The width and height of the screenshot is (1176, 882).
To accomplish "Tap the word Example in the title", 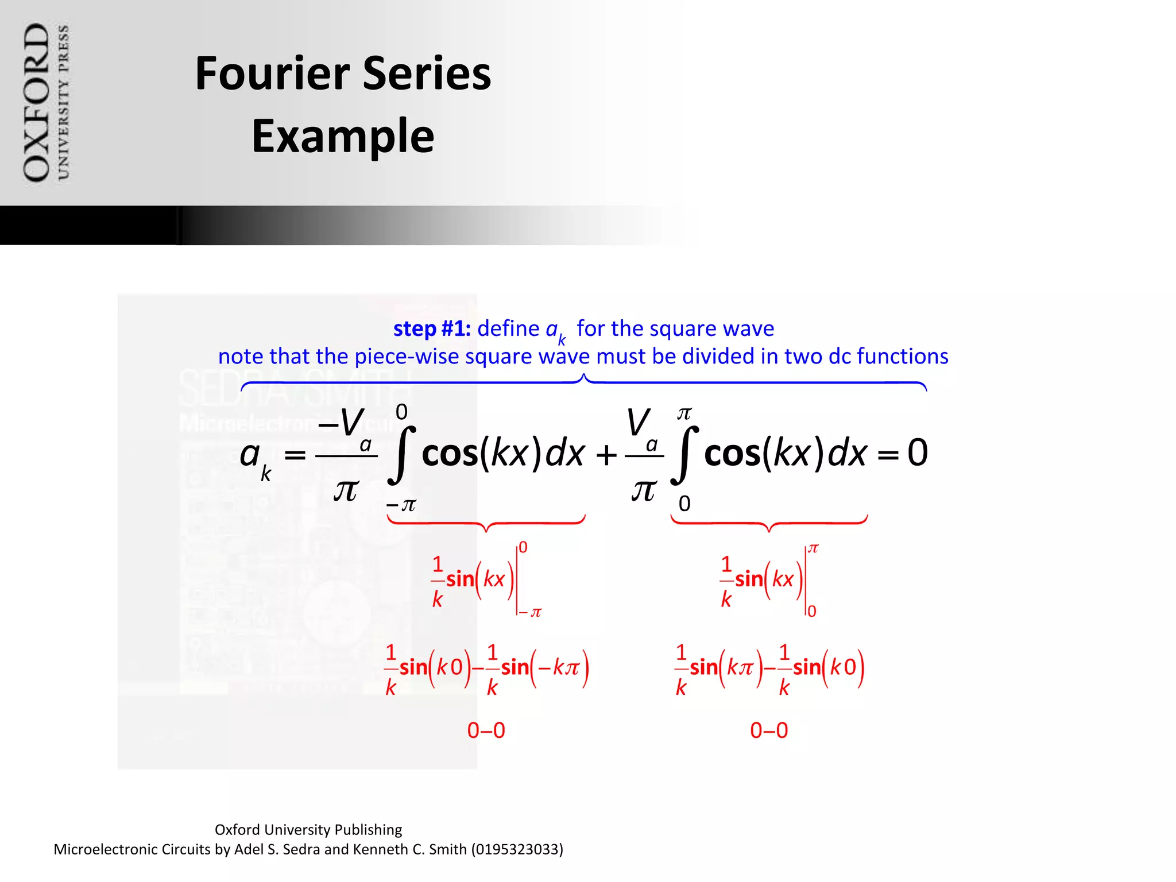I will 343,136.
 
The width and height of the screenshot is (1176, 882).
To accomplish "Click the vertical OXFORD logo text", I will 36,102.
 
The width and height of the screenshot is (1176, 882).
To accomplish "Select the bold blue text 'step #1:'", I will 432,328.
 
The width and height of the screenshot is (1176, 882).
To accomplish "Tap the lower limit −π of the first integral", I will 401,505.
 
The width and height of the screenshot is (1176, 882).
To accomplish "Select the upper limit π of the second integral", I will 684,413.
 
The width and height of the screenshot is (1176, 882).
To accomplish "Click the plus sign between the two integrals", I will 606,455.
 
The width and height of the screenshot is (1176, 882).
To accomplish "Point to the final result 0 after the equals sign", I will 917,452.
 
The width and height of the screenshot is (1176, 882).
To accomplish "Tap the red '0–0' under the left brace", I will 486,730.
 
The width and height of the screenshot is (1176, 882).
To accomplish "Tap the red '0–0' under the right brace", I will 769,730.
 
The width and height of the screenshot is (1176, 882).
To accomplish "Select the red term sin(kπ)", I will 726,668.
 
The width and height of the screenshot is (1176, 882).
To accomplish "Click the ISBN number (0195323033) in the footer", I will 517,849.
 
